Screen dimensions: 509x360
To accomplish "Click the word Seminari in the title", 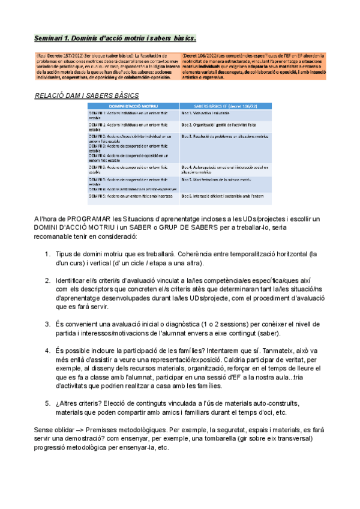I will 50,38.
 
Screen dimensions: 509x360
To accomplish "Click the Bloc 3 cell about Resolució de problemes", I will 223,136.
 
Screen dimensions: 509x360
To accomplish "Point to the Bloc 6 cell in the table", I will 223,196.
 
